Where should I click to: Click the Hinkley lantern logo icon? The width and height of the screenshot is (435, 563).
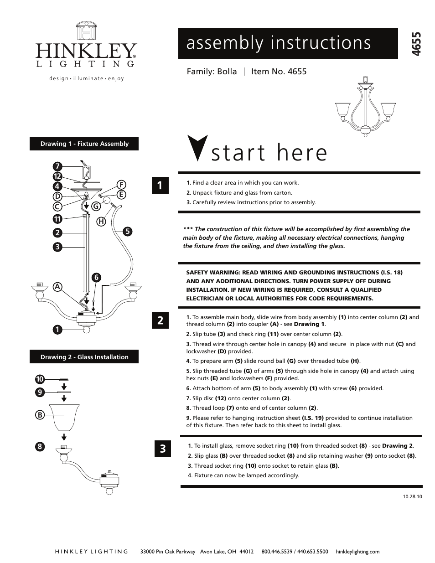pos(86,31)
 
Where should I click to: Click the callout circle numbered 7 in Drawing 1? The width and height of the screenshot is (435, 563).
pos(57,166)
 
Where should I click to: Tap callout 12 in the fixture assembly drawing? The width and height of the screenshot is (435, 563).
pos(57,176)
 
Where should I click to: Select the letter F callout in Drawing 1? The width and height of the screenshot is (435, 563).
pos(121,185)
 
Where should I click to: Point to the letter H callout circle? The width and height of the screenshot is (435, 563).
pos(101,222)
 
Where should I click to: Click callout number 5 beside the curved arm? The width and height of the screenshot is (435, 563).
pos(127,232)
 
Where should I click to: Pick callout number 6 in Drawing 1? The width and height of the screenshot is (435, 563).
pos(96,278)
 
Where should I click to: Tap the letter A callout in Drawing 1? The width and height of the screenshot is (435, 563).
pos(57,287)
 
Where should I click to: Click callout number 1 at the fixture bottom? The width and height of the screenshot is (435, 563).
pos(57,329)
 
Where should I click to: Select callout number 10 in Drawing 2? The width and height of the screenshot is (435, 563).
pos(40,379)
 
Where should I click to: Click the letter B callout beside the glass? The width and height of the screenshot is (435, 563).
pos(40,415)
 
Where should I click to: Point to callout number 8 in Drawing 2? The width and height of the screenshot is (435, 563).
pos(40,446)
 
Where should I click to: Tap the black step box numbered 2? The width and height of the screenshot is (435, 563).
pos(160,320)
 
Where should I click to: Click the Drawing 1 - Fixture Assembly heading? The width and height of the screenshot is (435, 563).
pos(84,144)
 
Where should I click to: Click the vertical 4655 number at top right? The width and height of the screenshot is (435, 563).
pos(416,44)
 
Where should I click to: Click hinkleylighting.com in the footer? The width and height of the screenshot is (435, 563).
pos(357,551)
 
